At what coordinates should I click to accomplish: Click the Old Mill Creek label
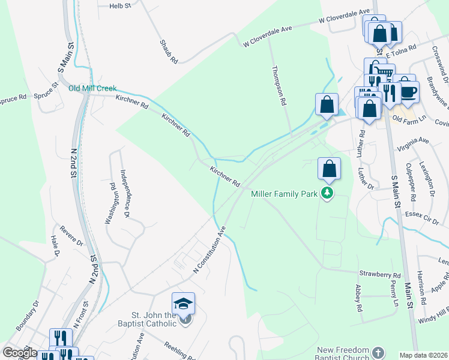[x=92, y=88]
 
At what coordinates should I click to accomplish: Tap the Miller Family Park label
[x=284, y=193]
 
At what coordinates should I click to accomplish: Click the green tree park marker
[x=327, y=193]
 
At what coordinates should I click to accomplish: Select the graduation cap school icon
[x=184, y=302]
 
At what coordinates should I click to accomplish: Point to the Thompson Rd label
[x=279, y=86]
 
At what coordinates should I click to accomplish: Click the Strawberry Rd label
[x=379, y=274]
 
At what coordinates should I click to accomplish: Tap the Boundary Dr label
[x=28, y=315]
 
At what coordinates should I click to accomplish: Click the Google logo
[x=20, y=353]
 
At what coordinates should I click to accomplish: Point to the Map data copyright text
[x=423, y=355]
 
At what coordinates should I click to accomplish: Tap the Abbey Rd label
[x=359, y=298]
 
